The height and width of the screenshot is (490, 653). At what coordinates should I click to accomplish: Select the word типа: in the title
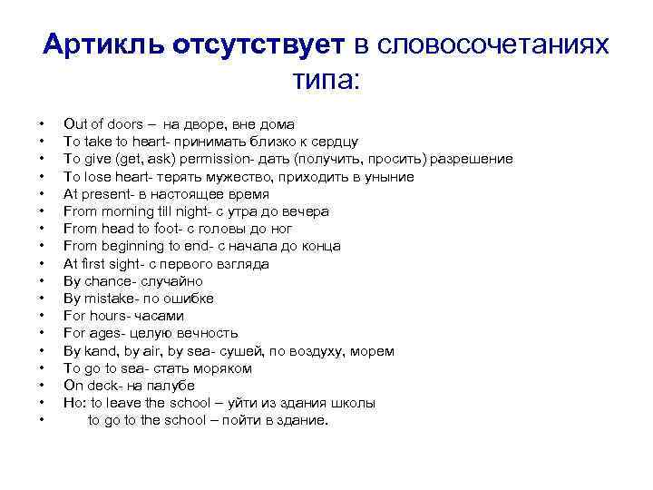[x=326, y=81]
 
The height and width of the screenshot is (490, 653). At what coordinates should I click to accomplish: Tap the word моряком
[x=224, y=368]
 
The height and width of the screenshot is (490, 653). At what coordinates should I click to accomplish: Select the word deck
[x=100, y=386]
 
